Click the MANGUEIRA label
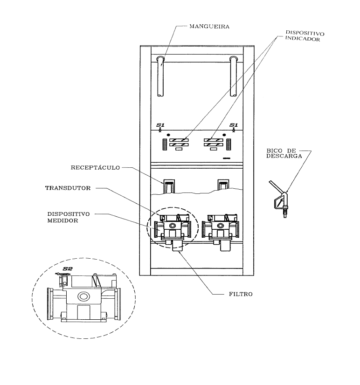(209, 27)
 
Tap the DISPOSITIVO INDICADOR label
(304, 36)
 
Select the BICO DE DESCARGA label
(284, 153)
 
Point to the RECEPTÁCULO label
(95, 168)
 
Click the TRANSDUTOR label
(68, 188)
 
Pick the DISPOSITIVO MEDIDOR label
(69, 217)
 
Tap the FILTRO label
(241, 294)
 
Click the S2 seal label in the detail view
(67, 268)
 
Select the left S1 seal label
(160, 125)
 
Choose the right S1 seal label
(234, 125)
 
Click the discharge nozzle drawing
(279, 199)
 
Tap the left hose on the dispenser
(160, 76)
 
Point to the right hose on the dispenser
(233, 76)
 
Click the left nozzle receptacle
(169, 186)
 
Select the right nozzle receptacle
(223, 185)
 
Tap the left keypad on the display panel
(165, 144)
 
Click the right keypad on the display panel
(228, 144)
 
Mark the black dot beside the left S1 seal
(168, 135)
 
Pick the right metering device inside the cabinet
(220, 230)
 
